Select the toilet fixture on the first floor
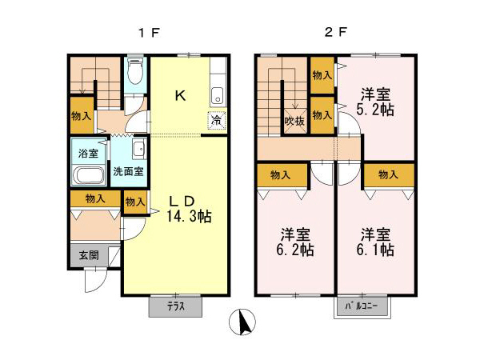135,74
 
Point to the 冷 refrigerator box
217,121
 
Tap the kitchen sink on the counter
218,97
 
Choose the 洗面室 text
128,170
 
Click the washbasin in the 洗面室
138,148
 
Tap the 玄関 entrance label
88,256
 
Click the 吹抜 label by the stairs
294,121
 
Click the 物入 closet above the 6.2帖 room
281,174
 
